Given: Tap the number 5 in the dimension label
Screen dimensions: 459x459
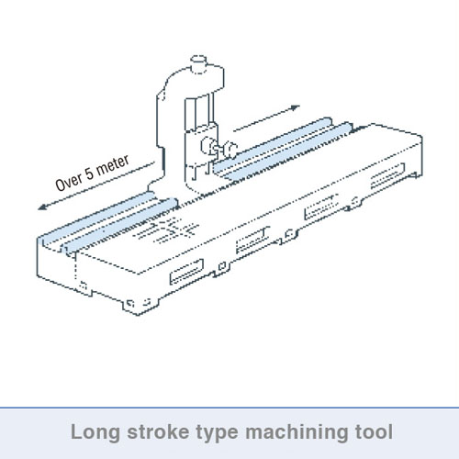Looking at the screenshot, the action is [x=89, y=174].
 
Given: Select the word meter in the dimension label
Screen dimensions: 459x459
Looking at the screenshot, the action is [x=112, y=164].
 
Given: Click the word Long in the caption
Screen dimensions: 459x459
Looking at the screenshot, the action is [x=95, y=432].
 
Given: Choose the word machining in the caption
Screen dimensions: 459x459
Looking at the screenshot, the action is [x=297, y=432].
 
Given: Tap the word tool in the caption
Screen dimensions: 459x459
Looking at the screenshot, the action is [x=374, y=431].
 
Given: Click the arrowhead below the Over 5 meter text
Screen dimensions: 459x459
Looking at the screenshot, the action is [x=42, y=207].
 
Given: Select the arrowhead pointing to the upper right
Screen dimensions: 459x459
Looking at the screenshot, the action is [x=295, y=107].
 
